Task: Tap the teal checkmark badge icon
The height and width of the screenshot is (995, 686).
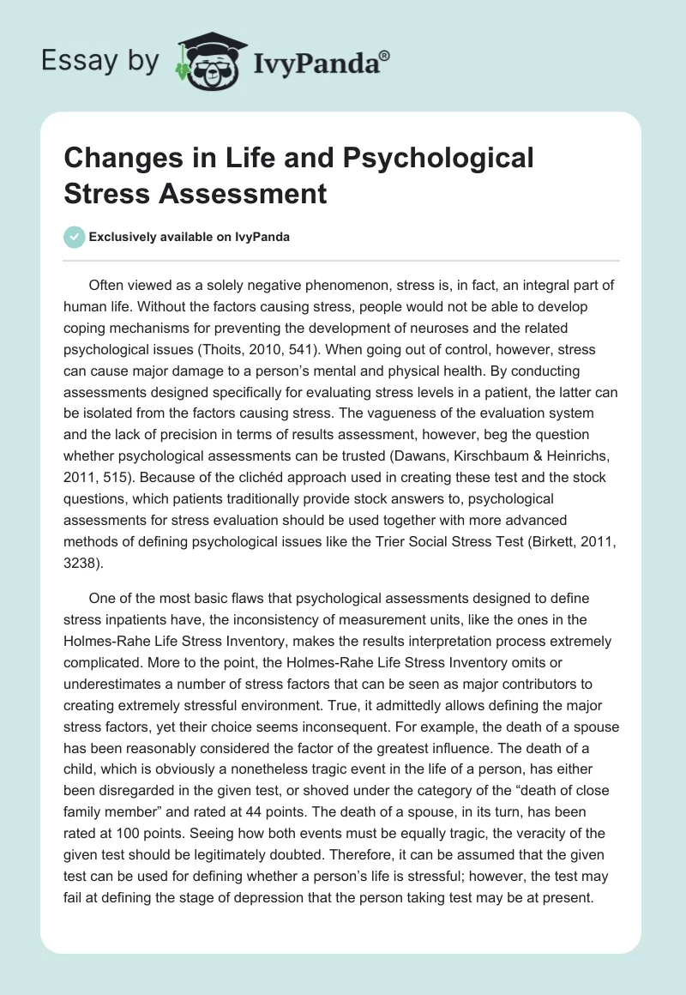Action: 75,237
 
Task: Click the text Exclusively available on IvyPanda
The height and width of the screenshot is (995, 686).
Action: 190,238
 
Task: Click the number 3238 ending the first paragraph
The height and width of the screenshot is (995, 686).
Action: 82,540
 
